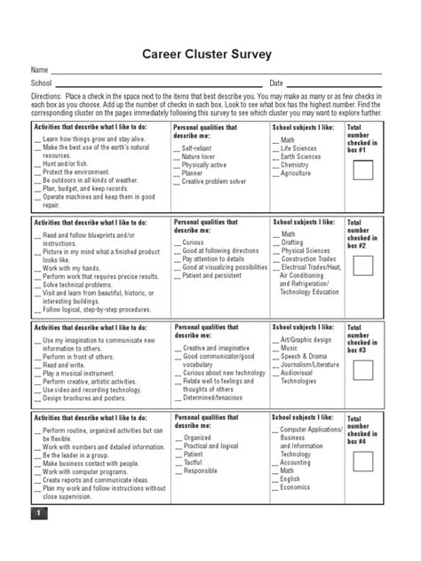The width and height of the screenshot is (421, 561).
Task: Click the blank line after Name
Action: click(x=218, y=71)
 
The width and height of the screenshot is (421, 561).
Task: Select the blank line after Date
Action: click(x=337, y=83)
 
